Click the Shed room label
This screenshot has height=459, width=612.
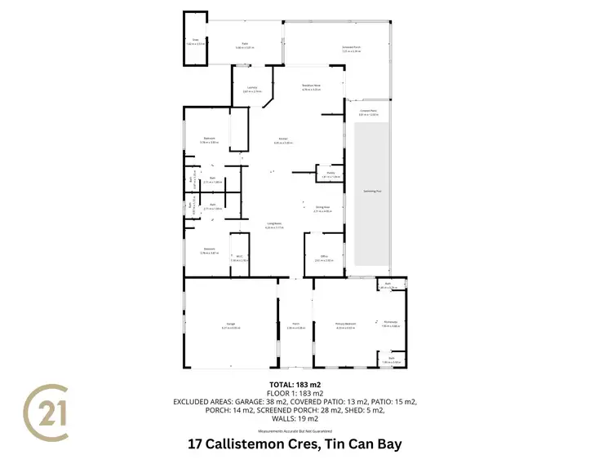tap(196, 40)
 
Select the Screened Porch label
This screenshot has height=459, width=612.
tap(352, 48)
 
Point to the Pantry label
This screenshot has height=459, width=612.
tap(330, 174)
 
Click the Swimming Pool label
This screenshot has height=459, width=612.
tap(371, 192)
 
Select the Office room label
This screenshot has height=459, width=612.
tap(323, 258)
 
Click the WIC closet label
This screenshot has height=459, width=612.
tap(239, 258)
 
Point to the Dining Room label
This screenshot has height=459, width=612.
tap(322, 209)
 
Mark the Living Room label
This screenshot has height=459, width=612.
tap(273, 226)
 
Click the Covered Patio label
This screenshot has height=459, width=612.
tap(368, 113)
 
